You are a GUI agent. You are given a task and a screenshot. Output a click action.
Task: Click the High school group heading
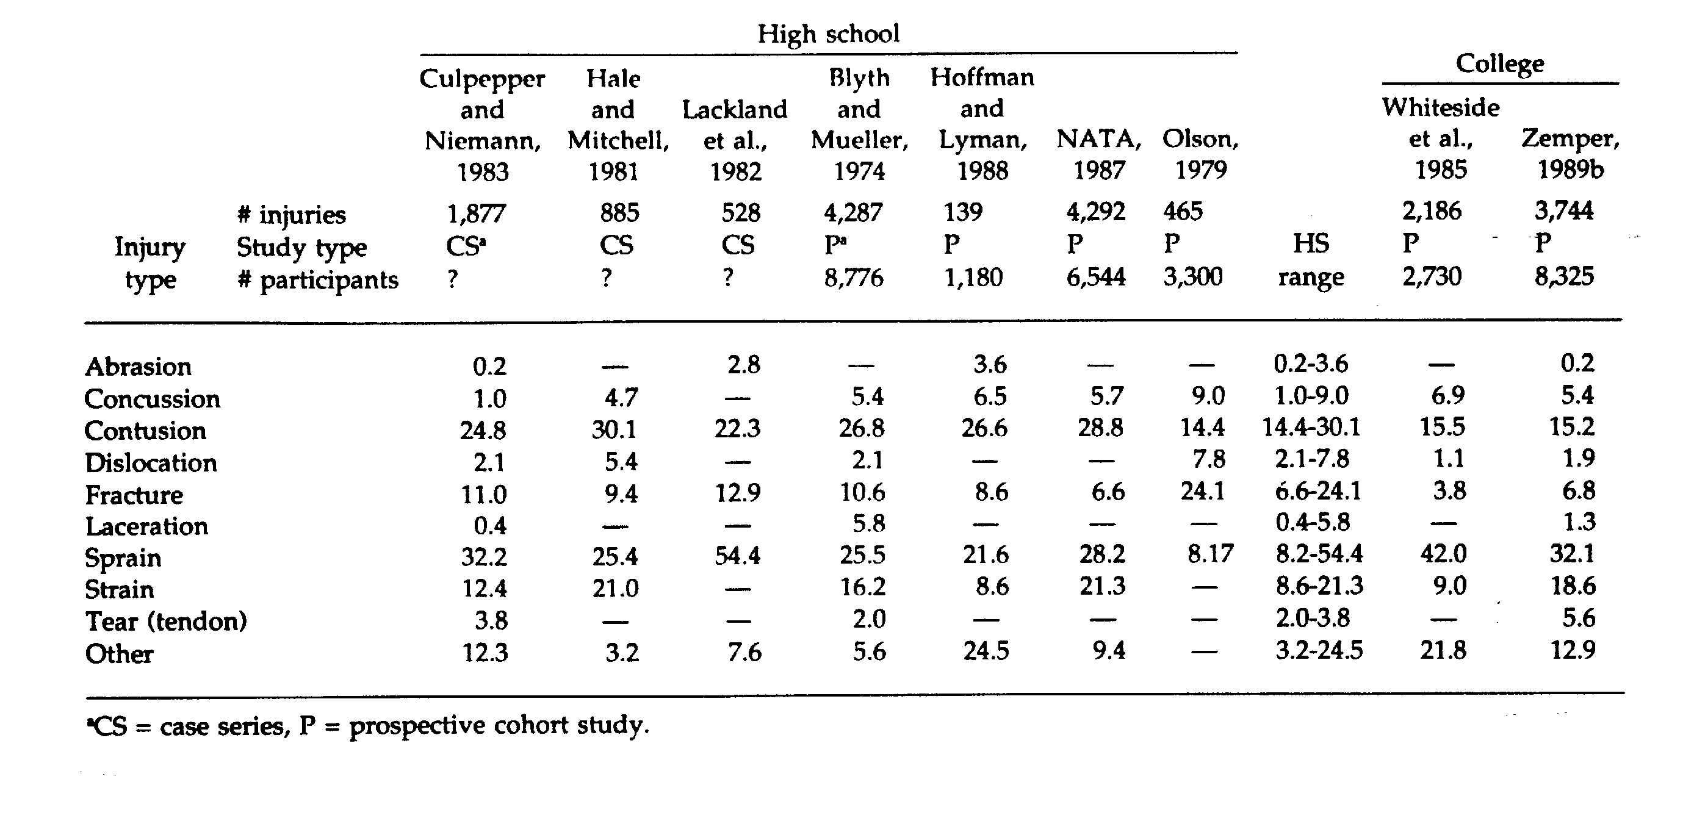[x=828, y=34]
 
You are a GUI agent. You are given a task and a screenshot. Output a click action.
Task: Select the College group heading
[x=1499, y=64]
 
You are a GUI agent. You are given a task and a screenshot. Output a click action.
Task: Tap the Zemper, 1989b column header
[x=1570, y=154]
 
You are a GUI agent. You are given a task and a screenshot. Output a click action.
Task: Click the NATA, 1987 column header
[x=1099, y=154]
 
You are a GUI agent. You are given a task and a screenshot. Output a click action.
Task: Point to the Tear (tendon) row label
[x=166, y=621]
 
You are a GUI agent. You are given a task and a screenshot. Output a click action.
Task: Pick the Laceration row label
[x=146, y=526]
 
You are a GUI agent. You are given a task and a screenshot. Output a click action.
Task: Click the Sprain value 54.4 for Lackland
[x=737, y=556]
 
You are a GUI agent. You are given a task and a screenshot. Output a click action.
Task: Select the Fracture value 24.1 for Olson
[x=1202, y=491]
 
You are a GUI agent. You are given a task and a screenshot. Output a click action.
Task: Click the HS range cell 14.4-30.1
[x=1311, y=427]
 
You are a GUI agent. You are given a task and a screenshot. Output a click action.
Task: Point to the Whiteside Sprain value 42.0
[x=1443, y=553]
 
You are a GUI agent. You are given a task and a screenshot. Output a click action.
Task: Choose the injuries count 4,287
[x=853, y=212]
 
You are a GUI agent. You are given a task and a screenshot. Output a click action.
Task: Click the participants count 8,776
[x=853, y=278]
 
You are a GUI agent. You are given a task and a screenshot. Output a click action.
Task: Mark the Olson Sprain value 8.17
[x=1210, y=554]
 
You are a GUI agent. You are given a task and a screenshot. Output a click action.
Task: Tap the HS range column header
[x=1311, y=260]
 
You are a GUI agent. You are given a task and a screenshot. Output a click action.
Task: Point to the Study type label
[x=301, y=247]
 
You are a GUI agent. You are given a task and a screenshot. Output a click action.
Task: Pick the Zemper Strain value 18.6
[x=1573, y=585]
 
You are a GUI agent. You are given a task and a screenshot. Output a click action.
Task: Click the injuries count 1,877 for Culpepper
[x=476, y=213]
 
